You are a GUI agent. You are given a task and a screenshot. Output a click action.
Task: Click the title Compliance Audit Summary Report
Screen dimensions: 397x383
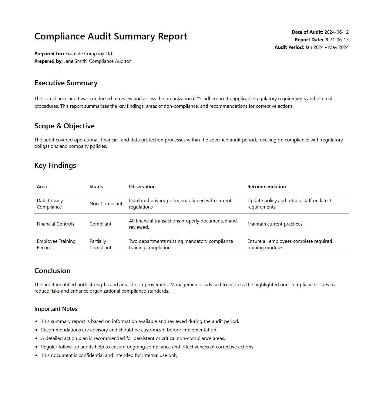tap(111, 36)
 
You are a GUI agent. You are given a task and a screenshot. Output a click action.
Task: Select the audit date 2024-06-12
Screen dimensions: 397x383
tap(336, 32)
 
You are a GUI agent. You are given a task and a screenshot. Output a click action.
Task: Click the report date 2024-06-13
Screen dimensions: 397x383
tap(336, 40)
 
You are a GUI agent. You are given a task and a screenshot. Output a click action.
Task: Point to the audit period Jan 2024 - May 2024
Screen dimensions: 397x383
tap(327, 47)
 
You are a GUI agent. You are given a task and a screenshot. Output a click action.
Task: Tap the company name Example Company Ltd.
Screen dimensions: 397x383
tap(89, 54)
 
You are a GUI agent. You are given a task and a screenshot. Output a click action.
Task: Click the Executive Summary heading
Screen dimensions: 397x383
tap(66, 83)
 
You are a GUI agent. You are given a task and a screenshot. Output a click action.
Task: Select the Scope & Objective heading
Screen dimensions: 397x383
tap(64, 126)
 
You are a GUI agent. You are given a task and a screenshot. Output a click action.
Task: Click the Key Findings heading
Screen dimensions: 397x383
tap(55, 166)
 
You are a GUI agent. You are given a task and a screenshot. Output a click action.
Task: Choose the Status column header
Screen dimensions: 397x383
tap(96, 187)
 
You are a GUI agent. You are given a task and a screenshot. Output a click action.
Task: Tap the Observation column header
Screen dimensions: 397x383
tap(142, 187)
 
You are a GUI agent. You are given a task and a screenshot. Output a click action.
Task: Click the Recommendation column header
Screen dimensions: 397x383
tap(267, 187)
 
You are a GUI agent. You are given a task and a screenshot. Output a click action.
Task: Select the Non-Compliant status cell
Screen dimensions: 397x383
tap(106, 204)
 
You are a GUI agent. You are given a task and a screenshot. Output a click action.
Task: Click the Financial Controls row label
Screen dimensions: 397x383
tap(55, 224)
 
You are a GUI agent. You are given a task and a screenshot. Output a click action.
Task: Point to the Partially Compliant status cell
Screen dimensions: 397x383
tap(100, 244)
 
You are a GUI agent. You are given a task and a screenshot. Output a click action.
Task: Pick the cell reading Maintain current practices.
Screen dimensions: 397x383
tap(275, 224)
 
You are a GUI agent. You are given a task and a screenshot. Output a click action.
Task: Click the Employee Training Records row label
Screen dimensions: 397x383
tap(56, 244)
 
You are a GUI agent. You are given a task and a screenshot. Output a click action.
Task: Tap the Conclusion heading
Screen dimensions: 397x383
tap(52, 271)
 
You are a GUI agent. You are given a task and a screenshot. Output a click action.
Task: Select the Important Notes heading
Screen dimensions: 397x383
tap(56, 309)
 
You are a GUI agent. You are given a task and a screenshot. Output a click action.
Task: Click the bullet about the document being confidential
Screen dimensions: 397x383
tap(110, 355)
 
